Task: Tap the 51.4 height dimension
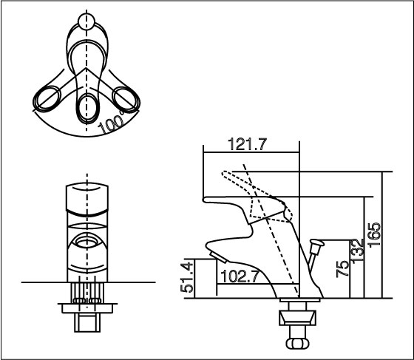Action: tap(187, 278)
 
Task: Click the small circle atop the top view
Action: tap(87, 20)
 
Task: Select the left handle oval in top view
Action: tap(47, 98)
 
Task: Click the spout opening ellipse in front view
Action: tap(88, 240)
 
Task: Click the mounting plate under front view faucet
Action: tap(88, 301)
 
